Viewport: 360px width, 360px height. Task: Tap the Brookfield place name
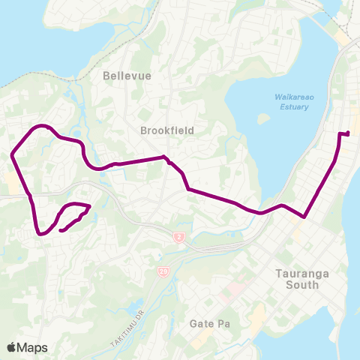click(167, 130)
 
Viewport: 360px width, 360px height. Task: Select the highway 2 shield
click(178, 238)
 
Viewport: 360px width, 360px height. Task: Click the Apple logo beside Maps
click(12, 347)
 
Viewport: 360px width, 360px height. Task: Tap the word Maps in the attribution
click(33, 347)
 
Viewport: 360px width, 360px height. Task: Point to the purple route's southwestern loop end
click(60, 230)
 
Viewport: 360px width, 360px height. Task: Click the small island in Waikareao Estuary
click(262, 118)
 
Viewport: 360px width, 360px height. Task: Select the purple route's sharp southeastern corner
click(304, 217)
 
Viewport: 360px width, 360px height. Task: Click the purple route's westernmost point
click(12, 156)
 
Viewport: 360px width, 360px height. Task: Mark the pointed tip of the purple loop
click(90, 206)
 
